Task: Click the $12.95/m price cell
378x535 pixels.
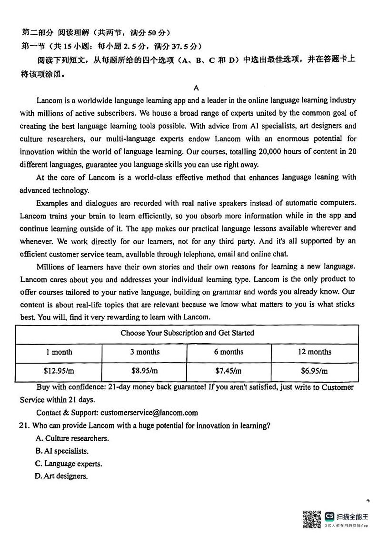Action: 59,371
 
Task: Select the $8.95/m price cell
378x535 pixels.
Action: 145,371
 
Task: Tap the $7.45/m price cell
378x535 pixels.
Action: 229,371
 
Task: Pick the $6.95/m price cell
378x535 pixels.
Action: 314,371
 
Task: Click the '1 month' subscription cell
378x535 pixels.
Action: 59,352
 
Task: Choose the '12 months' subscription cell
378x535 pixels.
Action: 314,352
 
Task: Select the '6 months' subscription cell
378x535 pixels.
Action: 229,352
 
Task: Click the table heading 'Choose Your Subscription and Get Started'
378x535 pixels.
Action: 187,333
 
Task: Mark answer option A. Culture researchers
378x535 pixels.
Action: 72,438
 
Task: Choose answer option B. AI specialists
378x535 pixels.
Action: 62,451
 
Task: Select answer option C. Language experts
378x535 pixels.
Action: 69,464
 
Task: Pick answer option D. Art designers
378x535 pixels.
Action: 61,476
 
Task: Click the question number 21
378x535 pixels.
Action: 25,426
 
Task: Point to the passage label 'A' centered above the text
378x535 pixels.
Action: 196,88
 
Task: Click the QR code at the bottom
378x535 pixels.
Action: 312,519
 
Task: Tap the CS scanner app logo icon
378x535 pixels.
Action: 329,516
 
